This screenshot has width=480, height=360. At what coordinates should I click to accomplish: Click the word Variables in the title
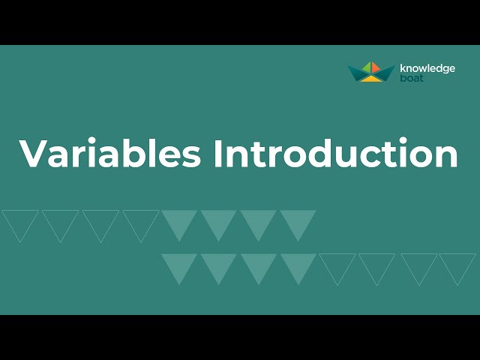point(110,153)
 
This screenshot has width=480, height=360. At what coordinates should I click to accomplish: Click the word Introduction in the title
point(335,153)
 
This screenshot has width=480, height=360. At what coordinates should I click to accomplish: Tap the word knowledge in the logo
point(427,69)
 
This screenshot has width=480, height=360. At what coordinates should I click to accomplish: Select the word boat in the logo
point(411,78)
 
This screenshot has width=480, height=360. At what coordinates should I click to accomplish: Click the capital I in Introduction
point(218,153)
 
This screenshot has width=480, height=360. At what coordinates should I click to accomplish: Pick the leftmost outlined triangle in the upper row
point(20,222)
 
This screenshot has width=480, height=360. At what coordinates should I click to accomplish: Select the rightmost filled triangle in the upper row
point(298,222)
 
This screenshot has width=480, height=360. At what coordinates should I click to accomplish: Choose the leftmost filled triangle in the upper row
point(179,222)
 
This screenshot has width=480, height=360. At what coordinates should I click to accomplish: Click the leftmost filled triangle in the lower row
point(179,265)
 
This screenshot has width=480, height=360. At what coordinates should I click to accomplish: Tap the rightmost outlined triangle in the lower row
point(457,265)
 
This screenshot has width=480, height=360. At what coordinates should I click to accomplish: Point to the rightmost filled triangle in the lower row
point(298,265)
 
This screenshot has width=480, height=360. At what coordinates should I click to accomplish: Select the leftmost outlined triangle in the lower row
point(337,265)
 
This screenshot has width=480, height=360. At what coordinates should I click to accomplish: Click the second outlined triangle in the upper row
point(60,222)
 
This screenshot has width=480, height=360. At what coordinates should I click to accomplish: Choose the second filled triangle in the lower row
point(219,265)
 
